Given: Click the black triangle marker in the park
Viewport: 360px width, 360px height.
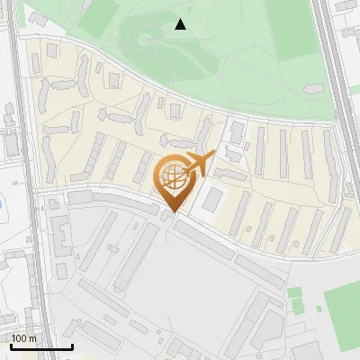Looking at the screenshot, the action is coord(181,24).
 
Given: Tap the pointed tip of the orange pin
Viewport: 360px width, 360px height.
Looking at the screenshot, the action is coord(171,212).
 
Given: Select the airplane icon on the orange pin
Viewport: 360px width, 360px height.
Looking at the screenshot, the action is coord(196,165).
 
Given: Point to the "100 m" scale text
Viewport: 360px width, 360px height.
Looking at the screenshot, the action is coord(24,337).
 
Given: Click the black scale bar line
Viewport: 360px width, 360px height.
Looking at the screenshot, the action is coord(41,346).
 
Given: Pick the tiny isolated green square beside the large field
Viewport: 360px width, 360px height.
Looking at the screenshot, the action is coord(320,309).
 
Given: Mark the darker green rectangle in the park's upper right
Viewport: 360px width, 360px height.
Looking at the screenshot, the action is coord(297,40).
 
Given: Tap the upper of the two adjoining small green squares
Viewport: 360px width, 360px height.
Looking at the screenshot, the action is coord(294,292).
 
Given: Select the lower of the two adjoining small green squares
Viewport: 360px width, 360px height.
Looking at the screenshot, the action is coord(294,305).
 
